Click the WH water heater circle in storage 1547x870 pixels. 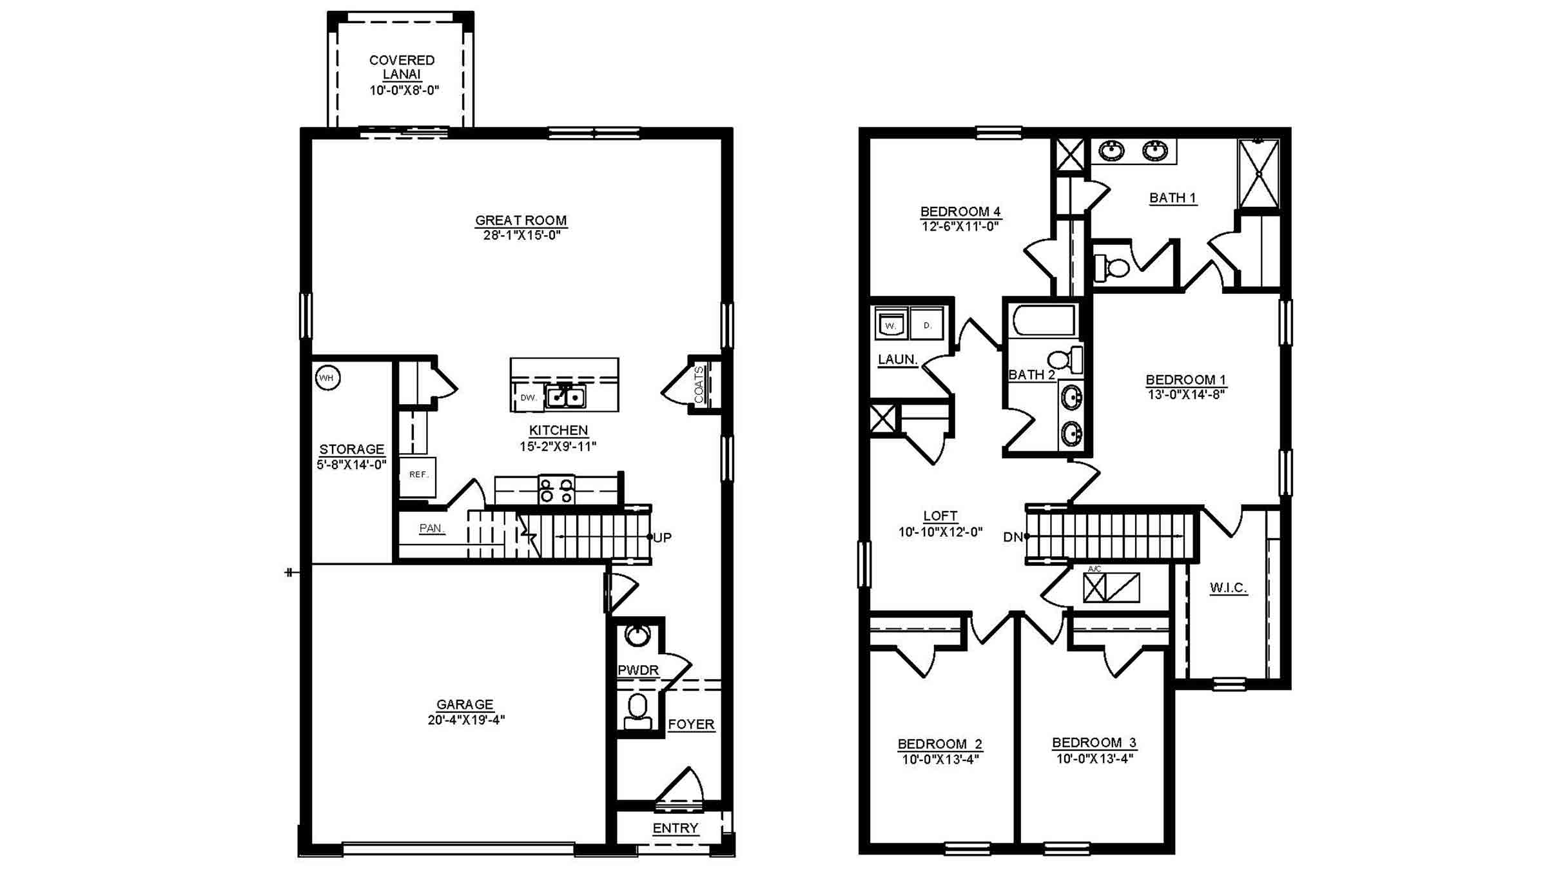327,378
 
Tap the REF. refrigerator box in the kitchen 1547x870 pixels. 418,476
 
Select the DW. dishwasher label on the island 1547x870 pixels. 529,398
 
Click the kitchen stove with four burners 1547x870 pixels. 556,490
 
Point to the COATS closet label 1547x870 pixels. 699,385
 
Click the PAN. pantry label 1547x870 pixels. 432,528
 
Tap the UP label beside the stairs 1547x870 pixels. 662,537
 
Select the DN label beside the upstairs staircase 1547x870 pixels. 1013,537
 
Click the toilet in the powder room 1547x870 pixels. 637,711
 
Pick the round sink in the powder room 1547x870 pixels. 637,635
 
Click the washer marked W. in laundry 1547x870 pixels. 891,324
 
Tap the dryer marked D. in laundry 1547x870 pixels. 927,324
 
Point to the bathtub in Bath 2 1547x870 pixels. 1044,321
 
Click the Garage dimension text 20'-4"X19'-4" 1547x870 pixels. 466,720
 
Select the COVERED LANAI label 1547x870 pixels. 402,67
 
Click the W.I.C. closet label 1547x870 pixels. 1228,588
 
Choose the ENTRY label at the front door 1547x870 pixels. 675,828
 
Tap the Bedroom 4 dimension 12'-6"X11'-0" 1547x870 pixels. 960,227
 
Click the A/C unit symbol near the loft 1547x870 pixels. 1111,587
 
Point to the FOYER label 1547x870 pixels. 691,724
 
